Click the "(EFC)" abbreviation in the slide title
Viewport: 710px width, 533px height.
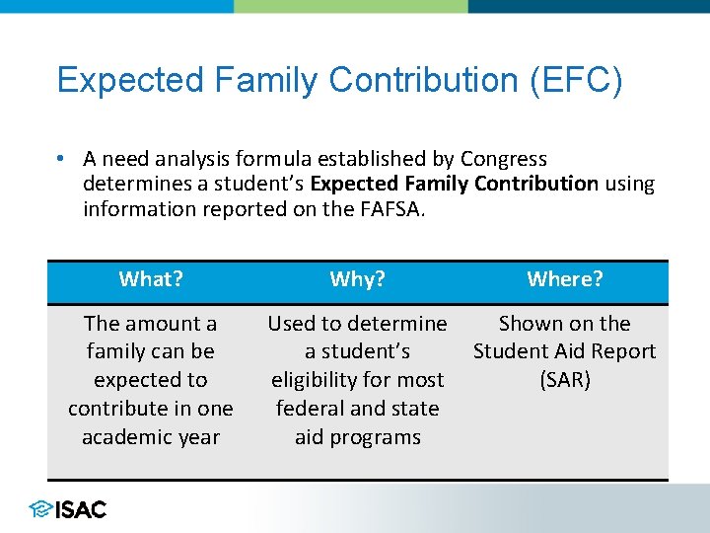pyautogui.click(x=577, y=80)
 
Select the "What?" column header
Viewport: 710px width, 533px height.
pyautogui.click(x=151, y=279)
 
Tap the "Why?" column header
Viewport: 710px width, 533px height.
pyautogui.click(x=357, y=279)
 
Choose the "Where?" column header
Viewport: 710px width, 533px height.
pyautogui.click(x=564, y=279)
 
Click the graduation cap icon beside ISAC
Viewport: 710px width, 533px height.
pyautogui.click(x=40, y=509)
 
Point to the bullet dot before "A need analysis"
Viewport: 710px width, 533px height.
pyautogui.click(x=61, y=159)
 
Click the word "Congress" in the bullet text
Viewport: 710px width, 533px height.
pyautogui.click(x=503, y=159)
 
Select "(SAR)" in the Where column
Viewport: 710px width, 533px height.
pyautogui.click(x=564, y=380)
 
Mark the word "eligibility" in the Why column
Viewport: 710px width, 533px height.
pyautogui.click(x=319, y=380)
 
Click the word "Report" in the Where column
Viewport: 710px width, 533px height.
pyautogui.click(x=622, y=351)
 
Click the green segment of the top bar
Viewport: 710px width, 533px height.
pyautogui.click(x=350, y=6)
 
